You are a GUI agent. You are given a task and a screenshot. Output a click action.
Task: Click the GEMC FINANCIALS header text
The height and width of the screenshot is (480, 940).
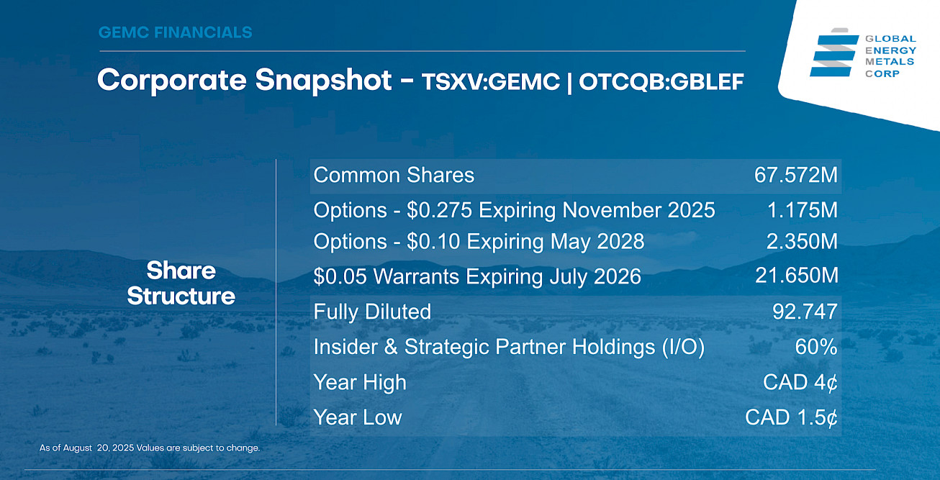tap(175, 32)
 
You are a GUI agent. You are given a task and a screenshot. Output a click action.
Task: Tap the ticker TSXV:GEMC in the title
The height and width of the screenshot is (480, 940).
tap(491, 81)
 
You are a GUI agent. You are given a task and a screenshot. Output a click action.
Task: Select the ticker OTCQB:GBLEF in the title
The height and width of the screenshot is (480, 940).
tap(661, 81)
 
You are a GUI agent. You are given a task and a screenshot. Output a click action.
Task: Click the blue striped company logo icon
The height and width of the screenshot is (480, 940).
tap(833, 53)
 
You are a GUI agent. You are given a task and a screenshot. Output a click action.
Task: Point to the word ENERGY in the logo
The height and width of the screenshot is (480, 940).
tap(890, 50)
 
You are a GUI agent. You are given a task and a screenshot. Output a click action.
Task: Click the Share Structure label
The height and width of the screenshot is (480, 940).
tap(181, 284)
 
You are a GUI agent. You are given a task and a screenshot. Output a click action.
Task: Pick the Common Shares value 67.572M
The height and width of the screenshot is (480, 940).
tap(795, 175)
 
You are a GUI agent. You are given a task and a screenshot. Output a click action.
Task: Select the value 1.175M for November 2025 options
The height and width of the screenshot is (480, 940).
tap(802, 210)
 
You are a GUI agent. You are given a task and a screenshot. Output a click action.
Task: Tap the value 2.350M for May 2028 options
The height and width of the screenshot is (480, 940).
tap(802, 241)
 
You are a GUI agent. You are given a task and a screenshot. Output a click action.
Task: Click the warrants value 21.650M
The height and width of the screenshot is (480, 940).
tap(797, 276)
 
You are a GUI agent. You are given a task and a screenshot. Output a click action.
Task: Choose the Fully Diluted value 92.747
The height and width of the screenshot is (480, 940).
tap(805, 312)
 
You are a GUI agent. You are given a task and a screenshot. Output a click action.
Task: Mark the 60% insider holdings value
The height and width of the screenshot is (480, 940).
tap(815, 347)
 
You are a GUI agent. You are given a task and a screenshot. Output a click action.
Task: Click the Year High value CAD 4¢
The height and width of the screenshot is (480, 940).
tap(800, 382)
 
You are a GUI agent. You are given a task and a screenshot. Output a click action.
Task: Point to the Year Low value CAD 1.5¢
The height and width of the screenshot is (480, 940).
tap(791, 417)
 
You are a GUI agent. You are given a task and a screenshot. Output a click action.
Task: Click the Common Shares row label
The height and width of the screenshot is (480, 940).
tap(394, 175)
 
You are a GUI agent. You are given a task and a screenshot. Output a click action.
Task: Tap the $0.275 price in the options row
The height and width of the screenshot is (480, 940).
tap(439, 210)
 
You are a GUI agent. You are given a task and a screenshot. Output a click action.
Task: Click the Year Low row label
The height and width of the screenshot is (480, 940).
tap(358, 417)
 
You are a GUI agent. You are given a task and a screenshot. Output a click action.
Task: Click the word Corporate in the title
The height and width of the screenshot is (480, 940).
tap(171, 81)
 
